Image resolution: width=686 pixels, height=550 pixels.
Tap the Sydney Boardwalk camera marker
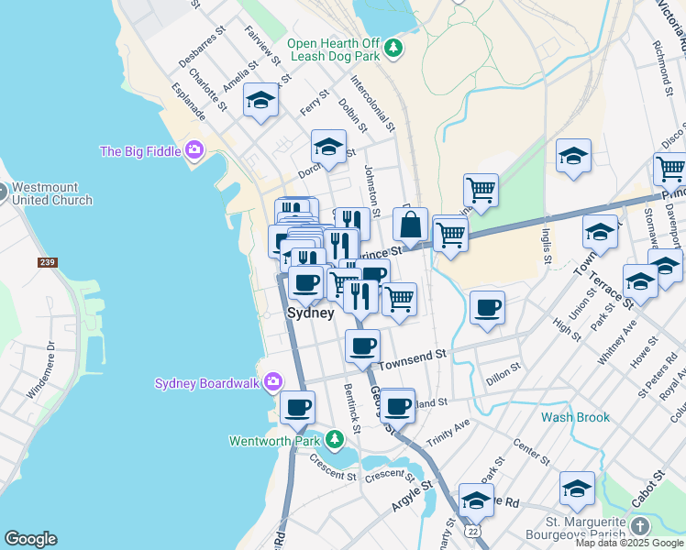point(272,382)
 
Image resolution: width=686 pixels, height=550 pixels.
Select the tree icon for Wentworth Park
point(335,441)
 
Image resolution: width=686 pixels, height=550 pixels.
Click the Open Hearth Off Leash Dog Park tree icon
point(393,47)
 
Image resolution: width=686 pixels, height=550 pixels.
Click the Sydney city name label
point(311,313)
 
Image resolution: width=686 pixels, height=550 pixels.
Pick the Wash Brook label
point(575,417)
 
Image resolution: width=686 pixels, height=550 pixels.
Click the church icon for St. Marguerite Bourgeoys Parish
point(639,526)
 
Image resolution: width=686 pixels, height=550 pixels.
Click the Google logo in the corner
point(30,539)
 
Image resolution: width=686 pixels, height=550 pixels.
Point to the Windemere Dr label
point(41,369)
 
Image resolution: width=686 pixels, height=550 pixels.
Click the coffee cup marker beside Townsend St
point(363,346)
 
